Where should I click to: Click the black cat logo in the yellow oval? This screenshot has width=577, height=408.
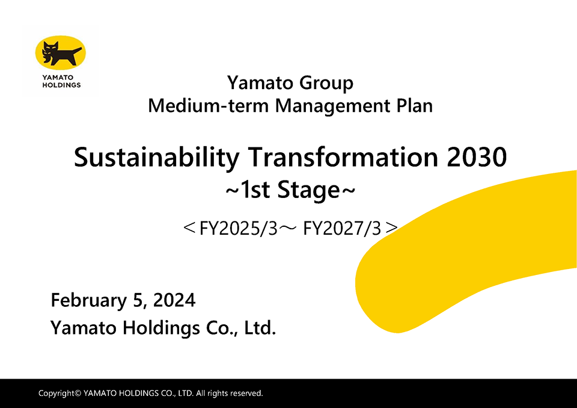[61, 54]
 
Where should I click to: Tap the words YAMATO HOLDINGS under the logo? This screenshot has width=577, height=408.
[61, 81]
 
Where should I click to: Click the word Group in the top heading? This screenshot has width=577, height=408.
[326, 84]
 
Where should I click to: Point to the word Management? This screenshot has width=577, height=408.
[332, 107]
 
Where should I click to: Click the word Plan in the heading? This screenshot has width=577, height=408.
[414, 105]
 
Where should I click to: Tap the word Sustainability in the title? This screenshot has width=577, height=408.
[157, 158]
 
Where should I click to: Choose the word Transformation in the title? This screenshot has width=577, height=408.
[343, 157]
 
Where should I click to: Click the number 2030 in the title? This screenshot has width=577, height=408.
[477, 158]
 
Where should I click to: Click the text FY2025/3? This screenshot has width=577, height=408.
[238, 229]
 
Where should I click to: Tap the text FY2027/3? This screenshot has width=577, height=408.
[342, 229]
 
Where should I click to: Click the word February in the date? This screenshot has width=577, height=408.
[89, 301]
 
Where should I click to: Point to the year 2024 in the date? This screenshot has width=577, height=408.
[174, 300]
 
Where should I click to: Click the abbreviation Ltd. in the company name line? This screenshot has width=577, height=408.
[260, 327]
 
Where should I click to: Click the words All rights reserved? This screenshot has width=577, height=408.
[229, 394]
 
